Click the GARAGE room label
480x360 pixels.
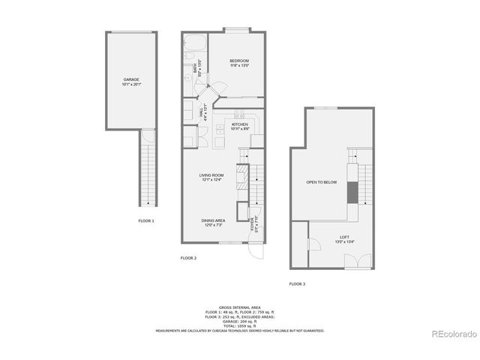(x=131, y=79)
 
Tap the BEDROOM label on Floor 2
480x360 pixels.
(x=239, y=61)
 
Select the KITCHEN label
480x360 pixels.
(x=240, y=124)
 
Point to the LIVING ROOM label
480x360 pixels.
(x=212, y=175)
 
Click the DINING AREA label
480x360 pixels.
(x=212, y=220)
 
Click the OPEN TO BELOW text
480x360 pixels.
(x=320, y=182)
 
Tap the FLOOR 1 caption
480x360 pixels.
(x=146, y=221)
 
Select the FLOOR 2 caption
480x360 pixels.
(x=188, y=258)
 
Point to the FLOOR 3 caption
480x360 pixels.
(x=297, y=283)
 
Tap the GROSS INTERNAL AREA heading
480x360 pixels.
(x=239, y=308)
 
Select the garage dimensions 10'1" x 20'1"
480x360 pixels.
(x=131, y=84)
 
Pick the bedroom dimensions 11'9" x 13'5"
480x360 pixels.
(x=239, y=66)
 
